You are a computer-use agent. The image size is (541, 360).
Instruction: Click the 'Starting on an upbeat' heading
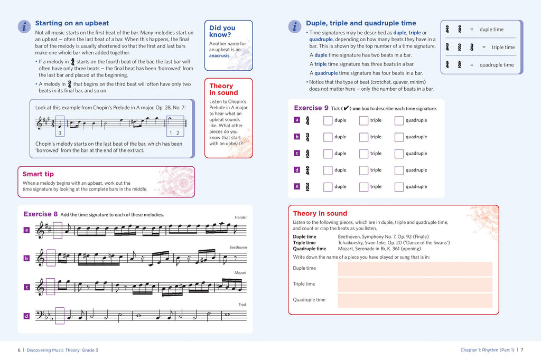point(72,23)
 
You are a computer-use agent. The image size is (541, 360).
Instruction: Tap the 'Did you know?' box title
point(222,31)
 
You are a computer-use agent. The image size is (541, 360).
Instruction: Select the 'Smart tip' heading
point(38,174)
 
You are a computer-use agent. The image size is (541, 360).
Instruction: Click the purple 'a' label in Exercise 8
point(26,230)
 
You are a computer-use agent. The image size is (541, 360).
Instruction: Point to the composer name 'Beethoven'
point(238,247)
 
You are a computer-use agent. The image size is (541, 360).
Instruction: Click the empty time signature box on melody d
point(60,316)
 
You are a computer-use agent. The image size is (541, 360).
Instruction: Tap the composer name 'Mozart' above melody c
point(240,273)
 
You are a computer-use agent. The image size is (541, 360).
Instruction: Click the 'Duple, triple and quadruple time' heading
point(361,23)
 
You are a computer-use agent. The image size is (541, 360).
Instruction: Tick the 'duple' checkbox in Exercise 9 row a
point(328,120)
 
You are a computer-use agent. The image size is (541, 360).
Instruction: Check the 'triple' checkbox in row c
point(363,154)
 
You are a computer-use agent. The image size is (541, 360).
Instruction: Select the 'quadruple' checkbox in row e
point(399,187)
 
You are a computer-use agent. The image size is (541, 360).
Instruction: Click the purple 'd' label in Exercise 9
point(297,170)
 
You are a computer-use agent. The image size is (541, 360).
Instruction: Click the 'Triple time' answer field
point(415,285)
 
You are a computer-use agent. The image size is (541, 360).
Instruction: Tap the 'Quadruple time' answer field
point(415,300)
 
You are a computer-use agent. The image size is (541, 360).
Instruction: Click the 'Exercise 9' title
point(311,108)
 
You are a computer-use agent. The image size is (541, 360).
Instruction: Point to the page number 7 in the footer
point(522,349)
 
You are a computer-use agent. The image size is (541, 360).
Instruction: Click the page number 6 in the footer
point(19,349)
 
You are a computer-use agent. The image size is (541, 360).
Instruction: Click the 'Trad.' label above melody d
point(242,305)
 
